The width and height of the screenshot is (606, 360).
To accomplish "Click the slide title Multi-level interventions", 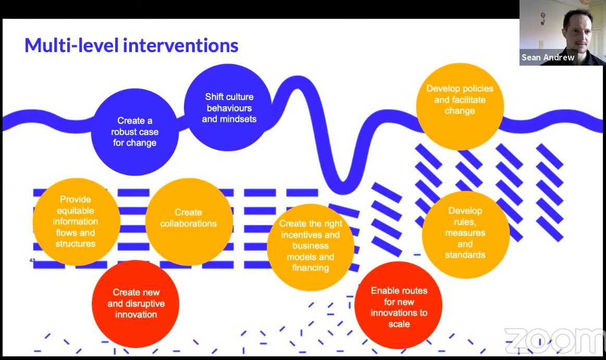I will pos(131,46).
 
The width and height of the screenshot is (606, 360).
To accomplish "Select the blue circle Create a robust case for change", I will pos(134,131).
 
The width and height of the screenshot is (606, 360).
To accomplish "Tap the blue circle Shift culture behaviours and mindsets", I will pos(229,108).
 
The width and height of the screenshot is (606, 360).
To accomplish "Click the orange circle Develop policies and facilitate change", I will pos(460,100).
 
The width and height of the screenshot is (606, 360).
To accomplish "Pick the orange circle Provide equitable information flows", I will pos(76,221).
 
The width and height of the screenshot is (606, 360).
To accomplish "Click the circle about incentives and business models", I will pos(311,246).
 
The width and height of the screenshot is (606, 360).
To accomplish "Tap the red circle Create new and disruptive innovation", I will pos(136,303).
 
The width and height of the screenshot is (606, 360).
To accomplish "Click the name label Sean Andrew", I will pos(548,57).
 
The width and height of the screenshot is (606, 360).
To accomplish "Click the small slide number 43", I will pos(32,260).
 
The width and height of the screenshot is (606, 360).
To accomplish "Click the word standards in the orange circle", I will pos(465,255).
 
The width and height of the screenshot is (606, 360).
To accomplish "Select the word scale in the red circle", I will pos(399,324).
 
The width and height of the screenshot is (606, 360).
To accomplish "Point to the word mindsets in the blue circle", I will pos(229,119).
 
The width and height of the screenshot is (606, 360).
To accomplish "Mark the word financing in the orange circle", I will pos(311,268).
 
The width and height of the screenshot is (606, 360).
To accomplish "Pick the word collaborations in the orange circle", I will pos(188,224).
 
